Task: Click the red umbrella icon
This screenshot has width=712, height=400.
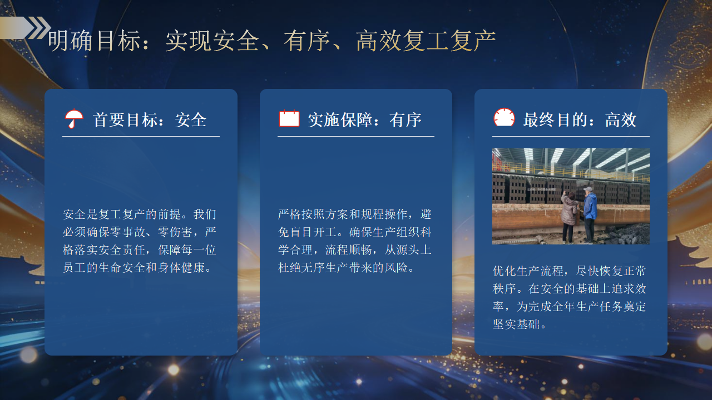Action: (x=74, y=118)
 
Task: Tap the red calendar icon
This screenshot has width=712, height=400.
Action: (x=289, y=118)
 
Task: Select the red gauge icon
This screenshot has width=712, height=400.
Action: (x=504, y=117)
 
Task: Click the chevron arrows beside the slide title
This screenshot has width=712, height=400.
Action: (x=39, y=28)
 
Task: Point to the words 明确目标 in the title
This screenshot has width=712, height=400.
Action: (x=94, y=41)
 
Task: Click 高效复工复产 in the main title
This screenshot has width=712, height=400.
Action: (x=426, y=41)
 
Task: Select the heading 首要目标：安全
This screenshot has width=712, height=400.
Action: (x=150, y=120)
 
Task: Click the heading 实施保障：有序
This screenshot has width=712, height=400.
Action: (x=364, y=120)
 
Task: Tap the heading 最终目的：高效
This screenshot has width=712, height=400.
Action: (x=580, y=120)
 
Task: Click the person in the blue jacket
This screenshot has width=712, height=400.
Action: (x=590, y=215)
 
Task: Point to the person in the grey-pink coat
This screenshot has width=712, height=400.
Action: (x=569, y=217)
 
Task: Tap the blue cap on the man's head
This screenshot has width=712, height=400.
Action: (x=589, y=189)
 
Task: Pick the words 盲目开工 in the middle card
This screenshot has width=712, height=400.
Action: (x=313, y=232)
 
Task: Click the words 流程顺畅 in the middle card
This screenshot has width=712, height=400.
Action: (x=348, y=250)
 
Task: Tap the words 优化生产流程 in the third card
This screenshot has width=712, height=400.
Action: (x=528, y=271)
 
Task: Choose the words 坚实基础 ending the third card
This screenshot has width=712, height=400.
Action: (x=516, y=324)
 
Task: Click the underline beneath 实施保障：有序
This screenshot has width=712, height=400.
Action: (x=356, y=137)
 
